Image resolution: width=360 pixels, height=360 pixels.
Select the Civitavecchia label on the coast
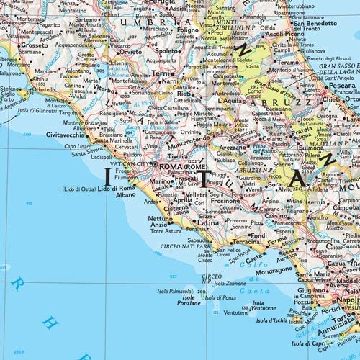point(66,134)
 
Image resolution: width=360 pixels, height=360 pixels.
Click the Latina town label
point(209,223)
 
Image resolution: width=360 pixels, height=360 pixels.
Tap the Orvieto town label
point(130,52)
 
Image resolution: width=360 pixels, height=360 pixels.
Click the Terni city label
point(161,73)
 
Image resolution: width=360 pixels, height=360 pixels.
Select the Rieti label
point(184,93)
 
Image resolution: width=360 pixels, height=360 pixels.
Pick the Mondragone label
point(273,270)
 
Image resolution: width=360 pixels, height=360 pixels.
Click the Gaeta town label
point(254,258)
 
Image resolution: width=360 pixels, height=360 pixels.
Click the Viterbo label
point(104,89)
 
